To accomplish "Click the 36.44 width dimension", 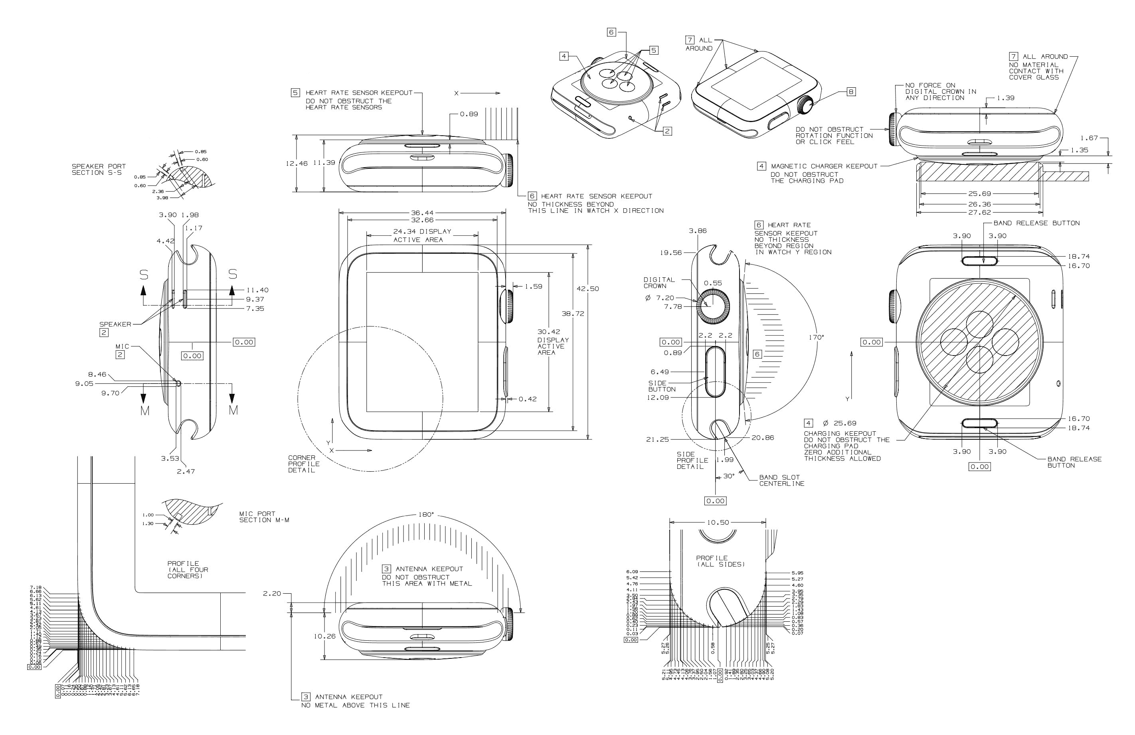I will pos(422,213).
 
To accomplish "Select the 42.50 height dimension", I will pos(587,288).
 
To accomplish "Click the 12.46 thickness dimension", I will pos(297,163).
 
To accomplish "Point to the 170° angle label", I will pos(816,337).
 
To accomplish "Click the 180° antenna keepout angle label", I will pos(426,515).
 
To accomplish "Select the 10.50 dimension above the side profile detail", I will pos(718,522).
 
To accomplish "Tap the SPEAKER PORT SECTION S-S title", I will pos(99,169).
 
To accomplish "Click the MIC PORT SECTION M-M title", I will pos(264,517).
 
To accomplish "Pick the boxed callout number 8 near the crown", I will pos(851,92).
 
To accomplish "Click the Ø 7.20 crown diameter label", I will pos(660,298).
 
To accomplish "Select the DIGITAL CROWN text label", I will pos(659,283).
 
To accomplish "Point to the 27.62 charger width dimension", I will pos(979,212).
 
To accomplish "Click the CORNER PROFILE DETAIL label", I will pos(304,464).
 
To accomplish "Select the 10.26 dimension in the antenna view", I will pos(324,636).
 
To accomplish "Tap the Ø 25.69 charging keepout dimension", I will pos(839,423).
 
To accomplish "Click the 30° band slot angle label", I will pos(729,476).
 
